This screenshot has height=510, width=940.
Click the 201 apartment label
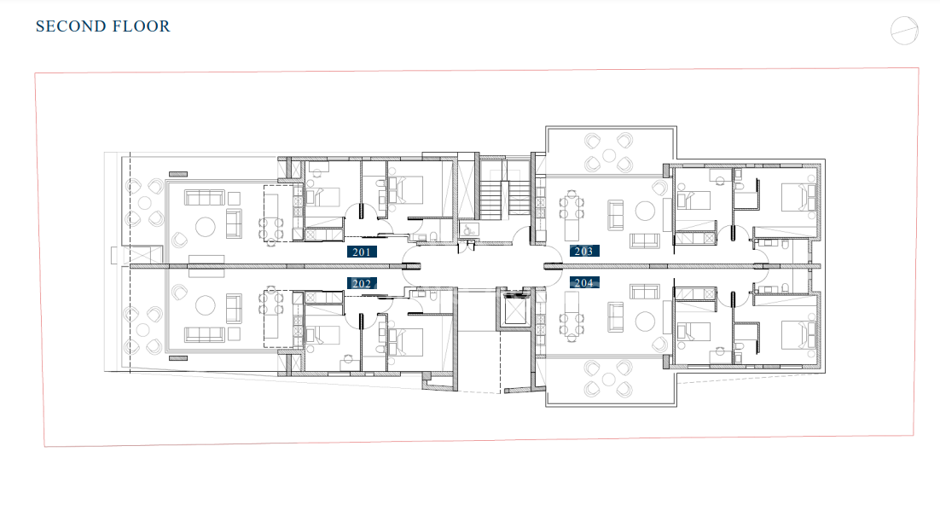point(362,252)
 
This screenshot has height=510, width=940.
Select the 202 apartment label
point(362,283)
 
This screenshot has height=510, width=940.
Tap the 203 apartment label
point(584,251)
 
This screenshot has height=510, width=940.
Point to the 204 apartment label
point(584,282)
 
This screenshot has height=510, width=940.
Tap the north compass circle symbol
point(904,31)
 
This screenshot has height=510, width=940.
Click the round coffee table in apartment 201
point(205,227)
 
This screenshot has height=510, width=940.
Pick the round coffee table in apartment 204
point(645,322)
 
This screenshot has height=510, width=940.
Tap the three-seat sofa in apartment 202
point(205,334)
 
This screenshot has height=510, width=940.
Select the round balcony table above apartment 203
point(609,156)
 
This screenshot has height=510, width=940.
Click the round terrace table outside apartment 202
point(142,329)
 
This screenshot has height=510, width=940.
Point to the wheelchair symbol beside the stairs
point(467,229)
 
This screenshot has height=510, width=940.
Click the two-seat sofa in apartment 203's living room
point(616,216)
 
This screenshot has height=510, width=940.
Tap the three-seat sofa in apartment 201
point(205,197)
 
